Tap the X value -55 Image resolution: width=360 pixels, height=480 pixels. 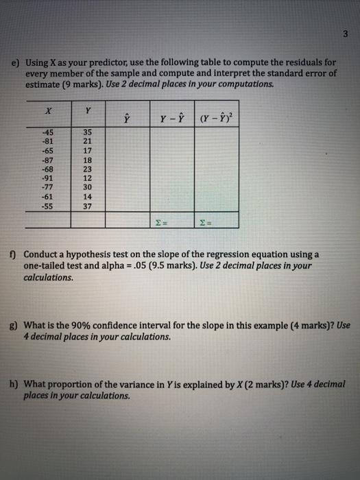(47, 204)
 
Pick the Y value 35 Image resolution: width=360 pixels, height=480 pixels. (86, 133)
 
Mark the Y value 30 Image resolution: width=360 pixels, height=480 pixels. (86, 187)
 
